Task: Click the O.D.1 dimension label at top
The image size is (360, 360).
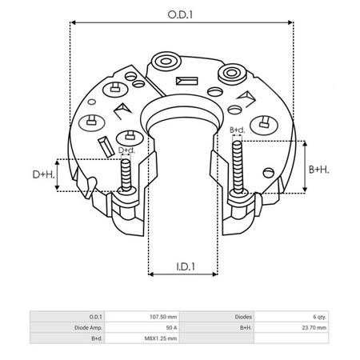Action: pos(182,14)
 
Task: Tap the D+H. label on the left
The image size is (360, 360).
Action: pos(43,174)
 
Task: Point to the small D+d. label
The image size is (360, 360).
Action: pos(126,150)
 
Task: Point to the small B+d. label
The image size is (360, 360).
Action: pos(238,130)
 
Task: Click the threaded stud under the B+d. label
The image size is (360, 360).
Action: pos(238,164)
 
